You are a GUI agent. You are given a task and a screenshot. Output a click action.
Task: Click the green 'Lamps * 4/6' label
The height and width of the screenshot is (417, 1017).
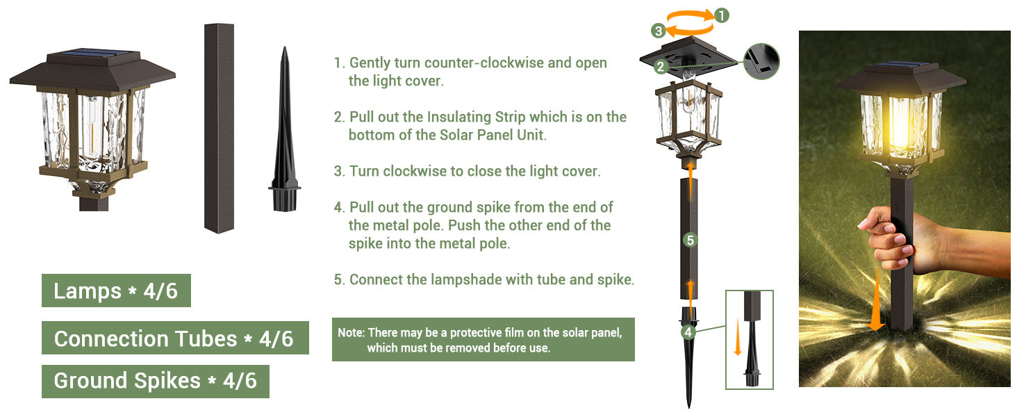pyautogui.click(x=116, y=291)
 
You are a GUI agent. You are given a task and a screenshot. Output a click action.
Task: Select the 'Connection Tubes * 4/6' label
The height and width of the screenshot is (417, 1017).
pyautogui.click(x=175, y=338)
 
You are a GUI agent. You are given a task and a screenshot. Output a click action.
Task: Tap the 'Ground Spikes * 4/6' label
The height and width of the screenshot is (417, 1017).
pyautogui.click(x=156, y=382)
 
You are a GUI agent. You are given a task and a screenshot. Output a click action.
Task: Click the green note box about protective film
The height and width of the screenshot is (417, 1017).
pyautogui.click(x=483, y=340)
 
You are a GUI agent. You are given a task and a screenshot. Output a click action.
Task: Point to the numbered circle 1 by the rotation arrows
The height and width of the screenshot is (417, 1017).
pyautogui.click(x=722, y=15)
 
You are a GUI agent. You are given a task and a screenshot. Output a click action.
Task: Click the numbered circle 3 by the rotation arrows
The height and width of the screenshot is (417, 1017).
pyautogui.click(x=659, y=31)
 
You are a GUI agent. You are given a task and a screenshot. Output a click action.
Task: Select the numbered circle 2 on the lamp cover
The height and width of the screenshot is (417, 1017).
pyautogui.click(x=661, y=67)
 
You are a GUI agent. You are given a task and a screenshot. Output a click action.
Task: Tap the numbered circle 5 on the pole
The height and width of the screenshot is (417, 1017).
pyautogui.click(x=691, y=240)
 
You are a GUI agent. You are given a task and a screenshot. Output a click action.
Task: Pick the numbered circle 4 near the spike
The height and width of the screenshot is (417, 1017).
pyautogui.click(x=688, y=332)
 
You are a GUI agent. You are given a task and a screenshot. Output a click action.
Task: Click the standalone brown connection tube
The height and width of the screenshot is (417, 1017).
pyautogui.click(x=220, y=129)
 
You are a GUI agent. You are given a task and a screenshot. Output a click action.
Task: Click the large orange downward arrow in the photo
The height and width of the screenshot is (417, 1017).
pyautogui.click(x=876, y=300)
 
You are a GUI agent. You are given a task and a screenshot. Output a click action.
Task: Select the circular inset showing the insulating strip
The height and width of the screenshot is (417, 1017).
pyautogui.click(x=761, y=62)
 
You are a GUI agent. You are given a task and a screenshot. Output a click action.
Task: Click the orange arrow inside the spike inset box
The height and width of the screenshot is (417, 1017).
pyautogui.click(x=738, y=337)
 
